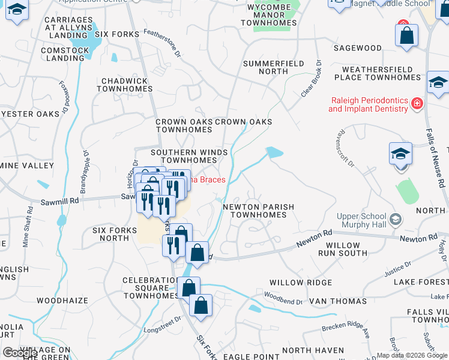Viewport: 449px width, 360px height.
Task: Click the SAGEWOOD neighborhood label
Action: (357, 48)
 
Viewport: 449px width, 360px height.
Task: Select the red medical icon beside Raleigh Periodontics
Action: (417, 104)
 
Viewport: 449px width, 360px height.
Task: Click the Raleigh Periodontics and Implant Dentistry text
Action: (368, 105)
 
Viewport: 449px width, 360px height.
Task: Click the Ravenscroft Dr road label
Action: (348, 148)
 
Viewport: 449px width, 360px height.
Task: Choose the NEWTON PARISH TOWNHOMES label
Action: (258, 211)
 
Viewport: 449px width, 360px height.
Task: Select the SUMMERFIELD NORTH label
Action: (265, 67)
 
